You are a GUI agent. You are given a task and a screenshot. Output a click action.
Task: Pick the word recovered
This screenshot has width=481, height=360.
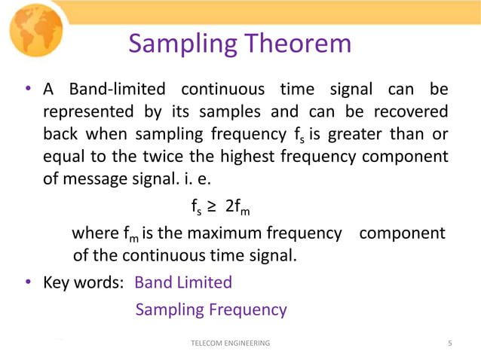pos(406,112)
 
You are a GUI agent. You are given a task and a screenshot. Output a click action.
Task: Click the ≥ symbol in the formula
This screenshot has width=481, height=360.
pos(213,206)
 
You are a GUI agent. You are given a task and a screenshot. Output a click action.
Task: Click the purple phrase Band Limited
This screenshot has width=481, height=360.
pos(183,282)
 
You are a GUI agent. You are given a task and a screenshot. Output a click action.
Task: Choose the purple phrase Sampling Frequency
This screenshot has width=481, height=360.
pos(211,310)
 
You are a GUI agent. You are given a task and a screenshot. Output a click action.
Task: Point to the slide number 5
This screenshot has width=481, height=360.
pos(450,343)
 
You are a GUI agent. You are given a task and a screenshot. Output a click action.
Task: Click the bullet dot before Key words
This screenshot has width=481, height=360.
pos(28,283)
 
